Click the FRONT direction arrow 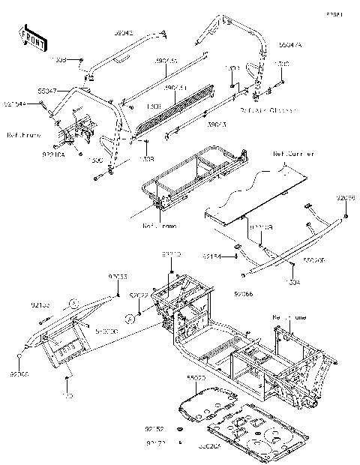tap(31, 37)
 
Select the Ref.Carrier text tap(293, 153)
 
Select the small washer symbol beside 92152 tap(180, 429)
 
